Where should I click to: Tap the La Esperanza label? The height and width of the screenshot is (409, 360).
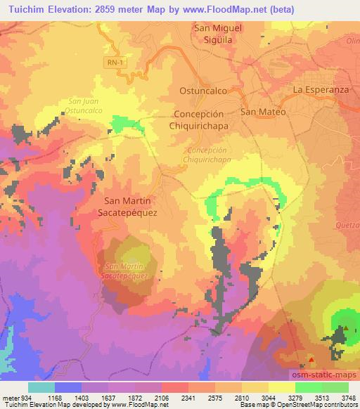point(321,90)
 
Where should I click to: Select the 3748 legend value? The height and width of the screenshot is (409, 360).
point(347,397)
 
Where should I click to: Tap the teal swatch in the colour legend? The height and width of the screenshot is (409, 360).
point(41,387)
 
